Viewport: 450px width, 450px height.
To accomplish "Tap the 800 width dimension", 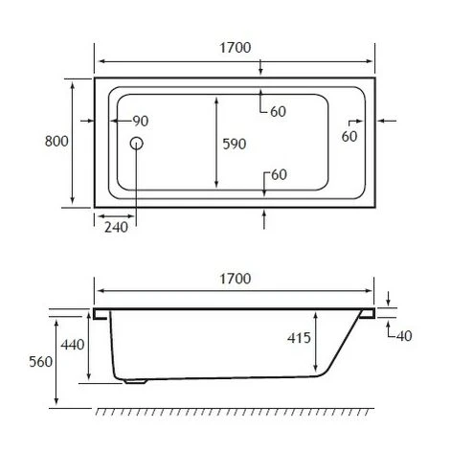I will click(56, 142).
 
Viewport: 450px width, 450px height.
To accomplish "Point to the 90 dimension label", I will click(140, 121).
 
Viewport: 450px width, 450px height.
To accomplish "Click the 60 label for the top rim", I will click(278, 111).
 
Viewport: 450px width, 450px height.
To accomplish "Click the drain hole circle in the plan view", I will click(136, 143).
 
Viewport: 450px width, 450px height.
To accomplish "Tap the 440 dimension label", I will click(73, 344).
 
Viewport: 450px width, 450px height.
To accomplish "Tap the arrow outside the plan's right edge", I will click(390, 121).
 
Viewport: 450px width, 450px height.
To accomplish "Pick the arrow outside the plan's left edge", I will click(83, 121).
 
